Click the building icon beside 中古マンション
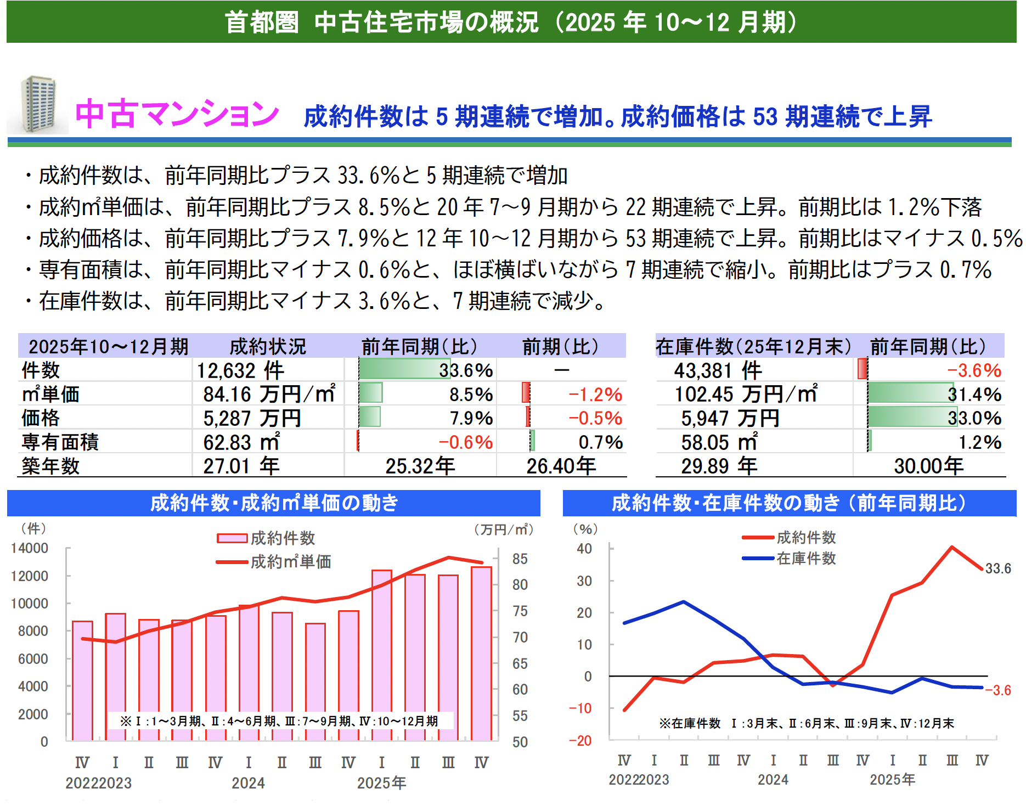[38, 105]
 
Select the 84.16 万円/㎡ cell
[269, 394]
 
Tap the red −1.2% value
[595, 395]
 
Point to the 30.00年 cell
[928, 466]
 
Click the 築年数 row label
[50, 466]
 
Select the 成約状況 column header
[267, 346]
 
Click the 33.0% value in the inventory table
[974, 418]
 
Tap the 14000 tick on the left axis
[30, 548]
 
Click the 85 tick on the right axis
[520, 559]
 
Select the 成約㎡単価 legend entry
[290, 561]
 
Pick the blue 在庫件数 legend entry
[805, 558]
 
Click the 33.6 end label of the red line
[997, 568]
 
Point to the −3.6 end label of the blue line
[998, 690]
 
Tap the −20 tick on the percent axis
[580, 740]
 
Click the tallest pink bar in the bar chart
[481, 653]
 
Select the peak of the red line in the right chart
[951, 547]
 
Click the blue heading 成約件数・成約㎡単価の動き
[274, 503]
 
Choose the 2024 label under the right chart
[773, 780]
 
